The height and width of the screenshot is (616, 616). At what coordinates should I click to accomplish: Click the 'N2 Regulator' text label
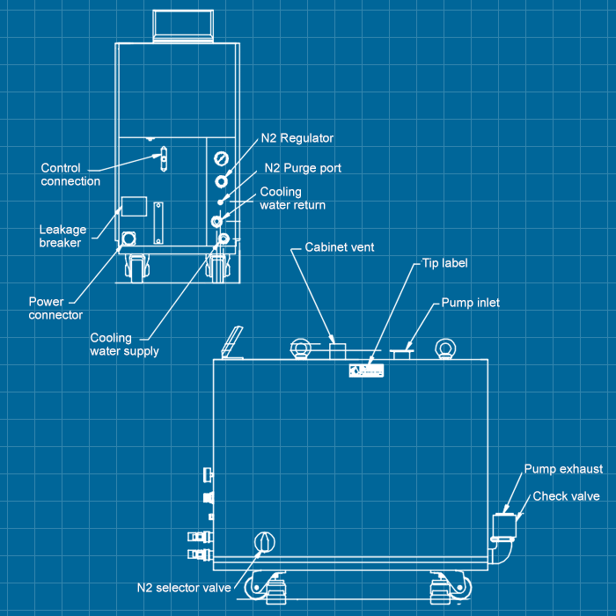[297, 138]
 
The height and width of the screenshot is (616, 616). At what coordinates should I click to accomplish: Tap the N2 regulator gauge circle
[220, 159]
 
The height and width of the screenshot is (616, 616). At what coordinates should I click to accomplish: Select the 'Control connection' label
[70, 174]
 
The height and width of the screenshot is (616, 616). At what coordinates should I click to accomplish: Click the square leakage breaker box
[133, 204]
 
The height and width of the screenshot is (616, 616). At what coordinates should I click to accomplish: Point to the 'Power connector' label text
[55, 308]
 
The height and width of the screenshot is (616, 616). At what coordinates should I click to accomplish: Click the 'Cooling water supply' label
[124, 344]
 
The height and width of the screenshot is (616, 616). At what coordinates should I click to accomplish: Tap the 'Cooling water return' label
[292, 198]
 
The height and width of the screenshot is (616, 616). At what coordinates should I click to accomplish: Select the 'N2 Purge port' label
[303, 167]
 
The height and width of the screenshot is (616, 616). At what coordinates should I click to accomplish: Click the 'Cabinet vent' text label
[340, 247]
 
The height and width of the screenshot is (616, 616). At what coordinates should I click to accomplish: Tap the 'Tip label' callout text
[444, 263]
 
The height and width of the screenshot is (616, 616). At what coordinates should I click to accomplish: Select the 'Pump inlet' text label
[470, 303]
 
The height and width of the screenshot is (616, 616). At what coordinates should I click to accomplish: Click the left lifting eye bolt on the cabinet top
[301, 349]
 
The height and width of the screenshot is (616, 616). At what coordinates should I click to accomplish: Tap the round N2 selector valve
[264, 543]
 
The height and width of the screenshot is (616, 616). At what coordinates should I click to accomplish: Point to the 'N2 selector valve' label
[183, 587]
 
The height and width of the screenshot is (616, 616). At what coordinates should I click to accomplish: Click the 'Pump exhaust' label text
[563, 469]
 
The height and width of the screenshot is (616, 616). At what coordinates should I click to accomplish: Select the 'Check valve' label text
[566, 496]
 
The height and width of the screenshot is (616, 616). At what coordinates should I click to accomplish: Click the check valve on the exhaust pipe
[504, 525]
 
